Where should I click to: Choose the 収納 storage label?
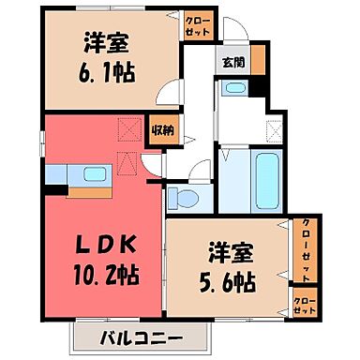(163, 129)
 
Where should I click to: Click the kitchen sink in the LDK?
(94, 172)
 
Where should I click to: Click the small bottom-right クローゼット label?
(305, 305)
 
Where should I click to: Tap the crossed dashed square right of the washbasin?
(274, 130)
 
